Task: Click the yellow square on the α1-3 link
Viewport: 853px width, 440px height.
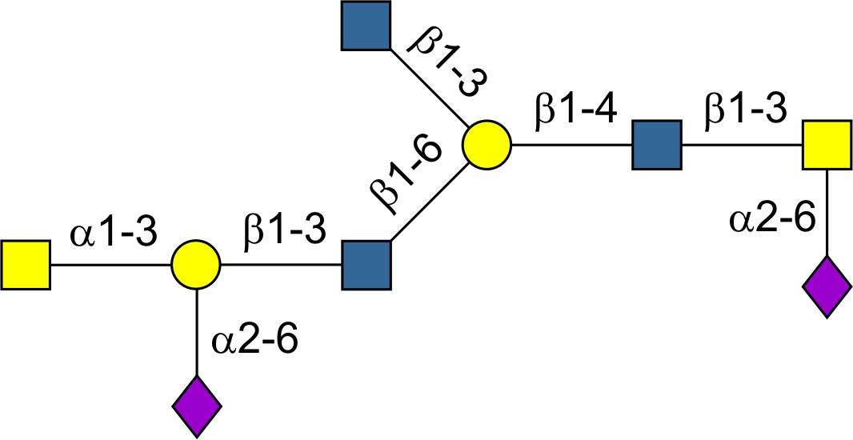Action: click(x=26, y=265)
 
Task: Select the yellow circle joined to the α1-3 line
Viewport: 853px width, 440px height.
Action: click(x=196, y=265)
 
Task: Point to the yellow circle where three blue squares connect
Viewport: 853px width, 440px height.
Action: click(x=486, y=146)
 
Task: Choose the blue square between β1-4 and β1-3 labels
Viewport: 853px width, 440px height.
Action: click(x=657, y=145)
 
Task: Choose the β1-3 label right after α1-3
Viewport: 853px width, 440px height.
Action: click(x=286, y=233)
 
